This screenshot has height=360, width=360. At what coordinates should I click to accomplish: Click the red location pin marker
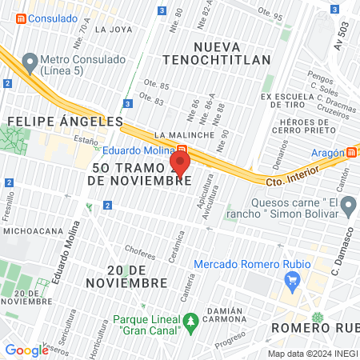pyautogui.click(x=180, y=164)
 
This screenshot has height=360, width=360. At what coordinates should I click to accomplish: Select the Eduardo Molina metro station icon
pyautogui.click(x=182, y=150)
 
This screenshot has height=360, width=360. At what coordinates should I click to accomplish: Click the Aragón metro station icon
pyautogui.click(x=351, y=152)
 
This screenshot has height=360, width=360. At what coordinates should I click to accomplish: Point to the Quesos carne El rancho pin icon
pyautogui.click(x=348, y=208)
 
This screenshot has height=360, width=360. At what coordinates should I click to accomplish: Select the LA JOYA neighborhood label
pyautogui.click(x=113, y=29)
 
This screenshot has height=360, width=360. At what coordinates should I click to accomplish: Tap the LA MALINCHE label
pyautogui.click(x=185, y=135)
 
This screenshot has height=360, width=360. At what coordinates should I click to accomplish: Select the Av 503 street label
pyautogui.click(x=342, y=36)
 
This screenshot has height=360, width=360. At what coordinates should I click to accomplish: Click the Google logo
pyautogui.click(x=26, y=350)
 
